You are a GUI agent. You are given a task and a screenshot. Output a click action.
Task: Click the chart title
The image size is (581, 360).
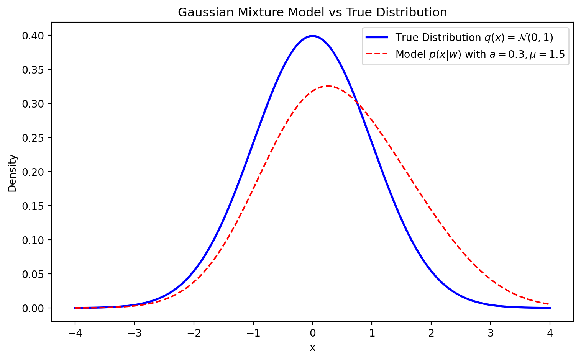coord(312,13)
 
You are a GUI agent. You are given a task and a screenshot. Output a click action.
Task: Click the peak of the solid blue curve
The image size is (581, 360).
coord(313,36)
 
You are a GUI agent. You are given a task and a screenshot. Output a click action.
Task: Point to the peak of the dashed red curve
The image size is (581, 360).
coord(328,86)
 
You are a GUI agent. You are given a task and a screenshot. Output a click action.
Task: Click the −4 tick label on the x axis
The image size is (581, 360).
coord(75,333)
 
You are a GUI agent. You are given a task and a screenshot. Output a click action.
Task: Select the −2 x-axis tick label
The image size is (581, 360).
coord(194,333)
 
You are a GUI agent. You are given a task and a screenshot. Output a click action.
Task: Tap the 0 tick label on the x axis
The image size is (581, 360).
coord(313,333)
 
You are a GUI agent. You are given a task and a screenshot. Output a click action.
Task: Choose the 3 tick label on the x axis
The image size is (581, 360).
coord(491,333)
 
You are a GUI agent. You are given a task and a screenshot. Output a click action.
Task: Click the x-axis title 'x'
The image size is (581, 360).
coord(313,347)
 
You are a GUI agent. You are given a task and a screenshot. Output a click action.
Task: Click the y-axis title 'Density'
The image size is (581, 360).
coord(13,173)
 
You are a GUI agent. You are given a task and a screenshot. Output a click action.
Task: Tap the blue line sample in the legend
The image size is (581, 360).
coord(377,38)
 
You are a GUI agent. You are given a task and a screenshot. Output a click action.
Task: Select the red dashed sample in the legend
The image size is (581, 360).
coord(377,54)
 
